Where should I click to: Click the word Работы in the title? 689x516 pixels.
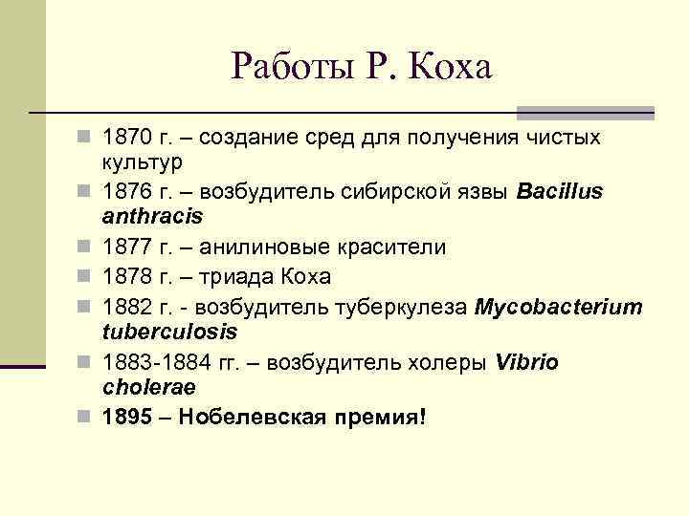coord(286,67)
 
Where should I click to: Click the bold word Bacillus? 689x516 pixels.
coord(560,191)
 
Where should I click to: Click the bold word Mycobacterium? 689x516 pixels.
coord(559,308)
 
